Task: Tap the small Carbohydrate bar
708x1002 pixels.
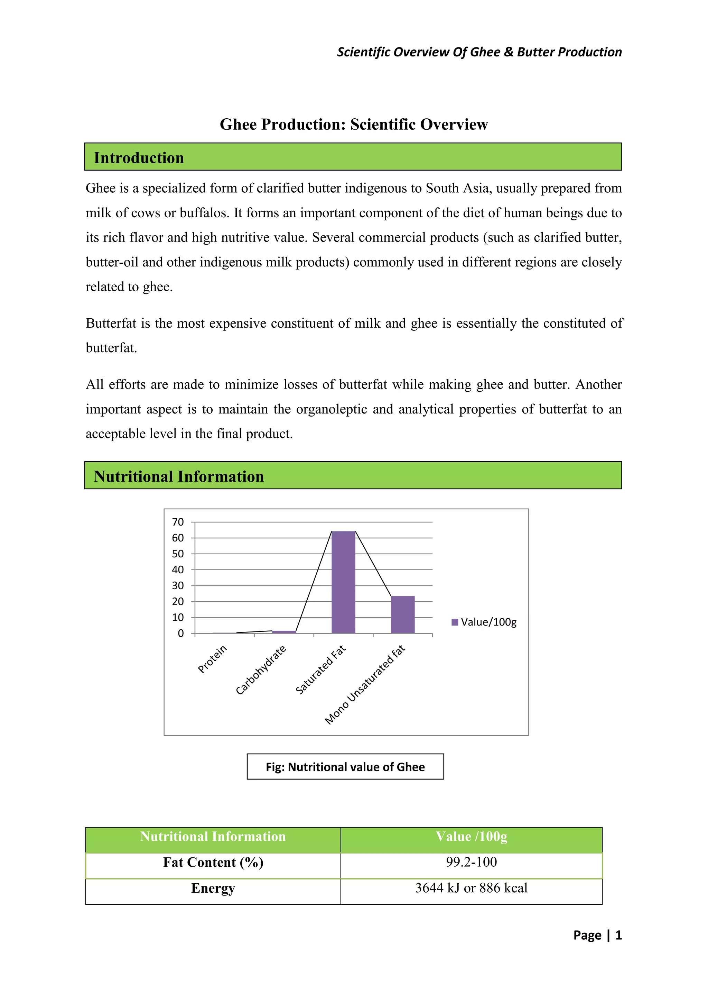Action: click(x=284, y=631)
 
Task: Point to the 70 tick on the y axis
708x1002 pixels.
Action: click(x=178, y=522)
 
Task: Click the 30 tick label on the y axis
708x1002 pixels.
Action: click(x=178, y=586)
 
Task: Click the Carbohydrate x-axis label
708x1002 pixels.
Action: click(x=261, y=670)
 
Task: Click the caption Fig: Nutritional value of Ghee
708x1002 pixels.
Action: click(x=345, y=767)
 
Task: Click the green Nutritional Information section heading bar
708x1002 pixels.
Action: click(x=353, y=476)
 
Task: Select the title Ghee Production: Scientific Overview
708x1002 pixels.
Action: click(x=354, y=124)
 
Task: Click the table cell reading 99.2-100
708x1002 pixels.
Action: click(x=471, y=862)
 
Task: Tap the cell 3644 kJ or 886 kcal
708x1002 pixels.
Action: click(x=471, y=888)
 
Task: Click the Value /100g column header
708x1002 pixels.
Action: click(x=471, y=837)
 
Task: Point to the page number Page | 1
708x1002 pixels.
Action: click(x=597, y=935)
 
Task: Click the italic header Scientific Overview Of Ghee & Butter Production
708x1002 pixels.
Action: click(x=479, y=52)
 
